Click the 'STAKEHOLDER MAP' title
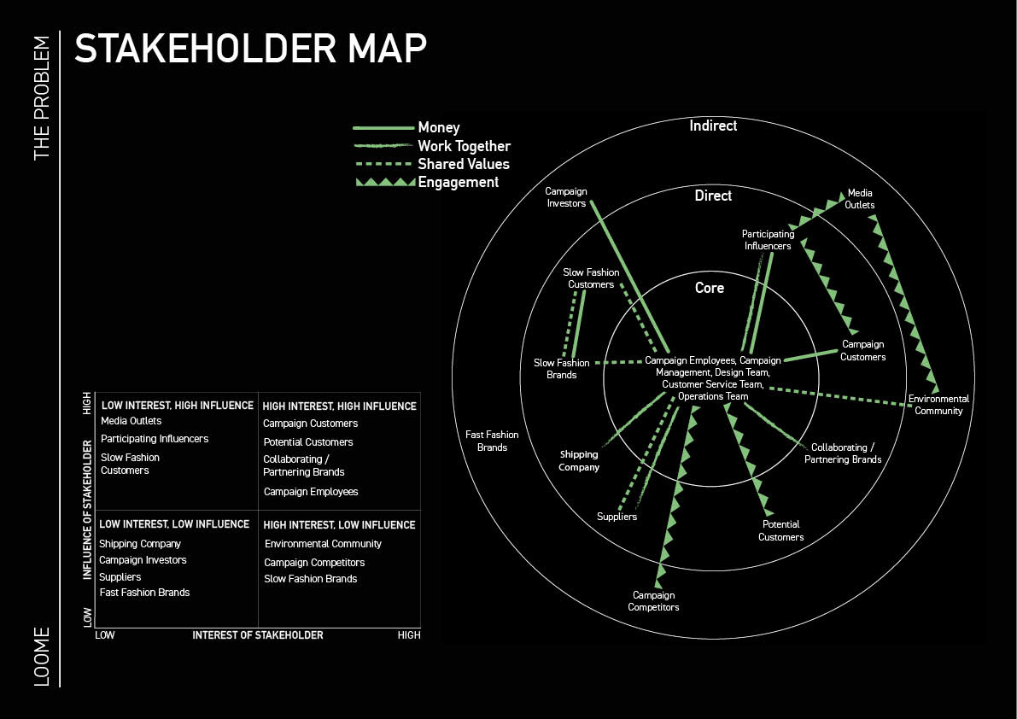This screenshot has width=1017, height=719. click(250, 50)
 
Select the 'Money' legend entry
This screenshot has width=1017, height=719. click(438, 127)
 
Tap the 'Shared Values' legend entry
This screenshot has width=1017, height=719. click(463, 164)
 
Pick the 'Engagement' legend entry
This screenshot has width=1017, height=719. click(458, 182)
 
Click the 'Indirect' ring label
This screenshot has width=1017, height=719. click(713, 126)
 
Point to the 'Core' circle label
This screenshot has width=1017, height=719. click(710, 288)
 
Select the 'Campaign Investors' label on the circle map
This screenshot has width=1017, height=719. click(566, 197)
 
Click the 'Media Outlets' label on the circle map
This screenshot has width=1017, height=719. click(860, 199)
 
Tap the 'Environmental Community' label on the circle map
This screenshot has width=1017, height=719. click(938, 405)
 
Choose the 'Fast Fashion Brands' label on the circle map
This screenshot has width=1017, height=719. click(492, 441)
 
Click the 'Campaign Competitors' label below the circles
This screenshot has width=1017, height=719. click(653, 601)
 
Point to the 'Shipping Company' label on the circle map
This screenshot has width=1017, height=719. click(580, 461)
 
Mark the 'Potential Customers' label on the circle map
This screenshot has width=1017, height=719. click(780, 530)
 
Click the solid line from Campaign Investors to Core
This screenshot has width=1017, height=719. click(628, 273)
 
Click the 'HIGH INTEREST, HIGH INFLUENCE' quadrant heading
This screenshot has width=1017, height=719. click(339, 406)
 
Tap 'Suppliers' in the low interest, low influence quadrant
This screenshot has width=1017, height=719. click(120, 577)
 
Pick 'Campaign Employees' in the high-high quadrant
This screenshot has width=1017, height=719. click(311, 492)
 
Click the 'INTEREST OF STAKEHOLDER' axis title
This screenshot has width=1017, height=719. click(258, 635)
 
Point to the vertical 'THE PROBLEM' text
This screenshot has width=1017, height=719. click(42, 98)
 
